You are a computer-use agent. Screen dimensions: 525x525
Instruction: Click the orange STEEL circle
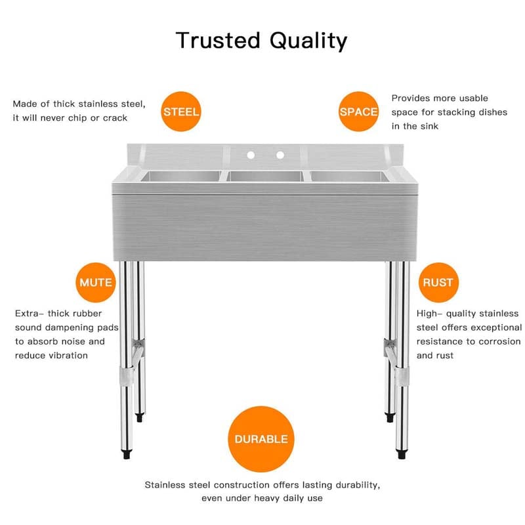(x=181, y=112)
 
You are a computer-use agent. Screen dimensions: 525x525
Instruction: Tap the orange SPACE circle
(x=358, y=112)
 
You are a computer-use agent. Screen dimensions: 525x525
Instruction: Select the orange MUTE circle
(x=96, y=283)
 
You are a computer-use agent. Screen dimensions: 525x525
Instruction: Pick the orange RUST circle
(x=438, y=283)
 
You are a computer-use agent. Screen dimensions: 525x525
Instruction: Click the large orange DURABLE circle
(x=261, y=439)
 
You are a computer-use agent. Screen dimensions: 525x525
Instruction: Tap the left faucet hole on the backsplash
(x=251, y=156)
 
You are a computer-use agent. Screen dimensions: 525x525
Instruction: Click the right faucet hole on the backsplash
(x=280, y=156)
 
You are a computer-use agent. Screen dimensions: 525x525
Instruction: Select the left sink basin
(x=180, y=176)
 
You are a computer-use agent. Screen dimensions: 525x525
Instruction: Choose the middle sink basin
(x=264, y=176)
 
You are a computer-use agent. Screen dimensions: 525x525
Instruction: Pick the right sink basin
(x=348, y=176)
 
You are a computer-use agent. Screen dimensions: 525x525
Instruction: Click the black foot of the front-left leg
(x=125, y=453)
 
